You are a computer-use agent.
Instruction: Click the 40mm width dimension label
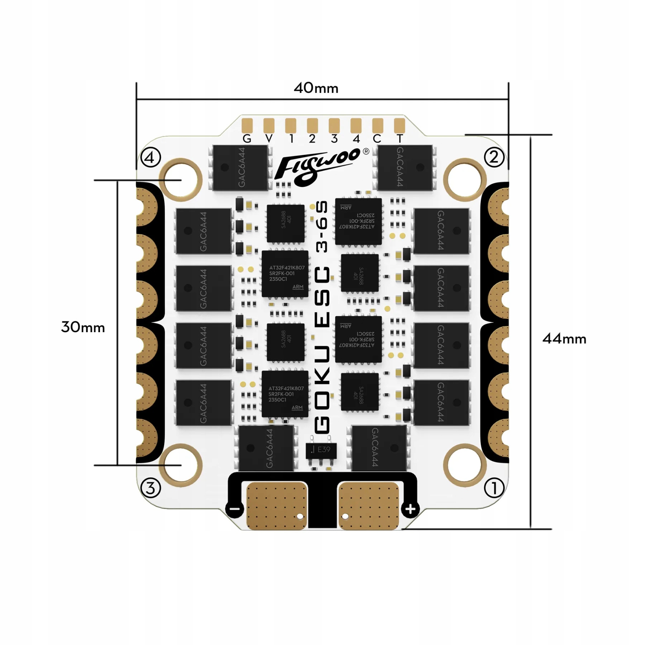pos(316,88)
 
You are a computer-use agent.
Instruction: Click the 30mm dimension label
pos(83,328)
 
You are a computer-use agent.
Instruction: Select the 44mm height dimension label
pos(564,339)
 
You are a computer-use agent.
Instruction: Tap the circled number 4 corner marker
pos(150,157)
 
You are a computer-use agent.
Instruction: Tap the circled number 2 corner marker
pos(494,157)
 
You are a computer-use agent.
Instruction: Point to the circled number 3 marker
pos(150,488)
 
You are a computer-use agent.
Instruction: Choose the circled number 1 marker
pos(494,488)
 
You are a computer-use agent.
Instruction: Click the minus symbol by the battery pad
pos(235,509)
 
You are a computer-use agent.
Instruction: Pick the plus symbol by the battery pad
pos(410,509)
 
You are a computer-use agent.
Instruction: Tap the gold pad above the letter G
pos(247,125)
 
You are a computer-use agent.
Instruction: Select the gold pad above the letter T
pos(399,125)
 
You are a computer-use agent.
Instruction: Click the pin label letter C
pos(377,139)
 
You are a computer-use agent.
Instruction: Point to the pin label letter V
pos(269,139)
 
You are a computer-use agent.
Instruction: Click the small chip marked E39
pos(321,450)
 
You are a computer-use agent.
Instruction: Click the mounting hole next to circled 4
pos(181,179)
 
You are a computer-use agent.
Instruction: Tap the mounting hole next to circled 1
pos(465,465)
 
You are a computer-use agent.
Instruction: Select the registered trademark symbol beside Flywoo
pos(366,151)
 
